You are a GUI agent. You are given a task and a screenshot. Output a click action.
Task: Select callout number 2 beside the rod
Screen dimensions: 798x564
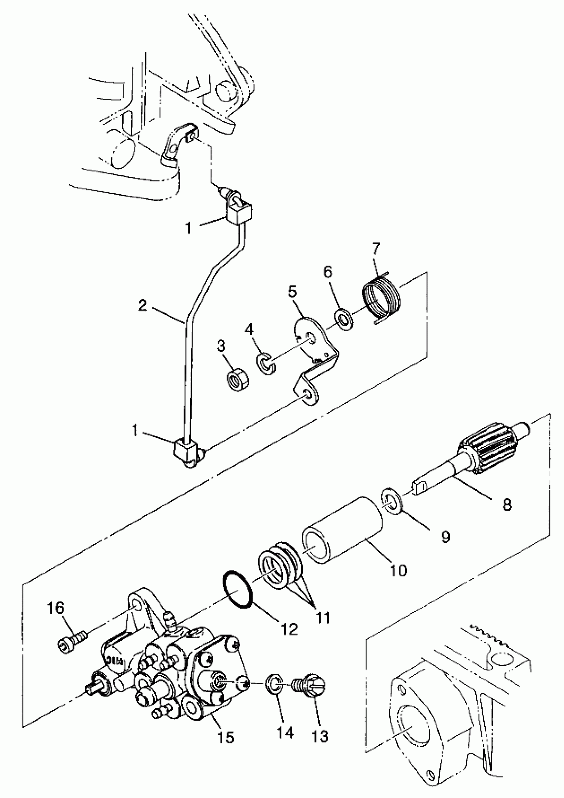pyautogui.click(x=142, y=305)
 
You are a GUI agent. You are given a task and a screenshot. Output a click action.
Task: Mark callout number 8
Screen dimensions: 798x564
pyautogui.click(x=507, y=504)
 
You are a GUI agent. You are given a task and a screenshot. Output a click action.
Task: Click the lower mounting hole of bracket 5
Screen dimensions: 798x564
pyautogui.click(x=306, y=394)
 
